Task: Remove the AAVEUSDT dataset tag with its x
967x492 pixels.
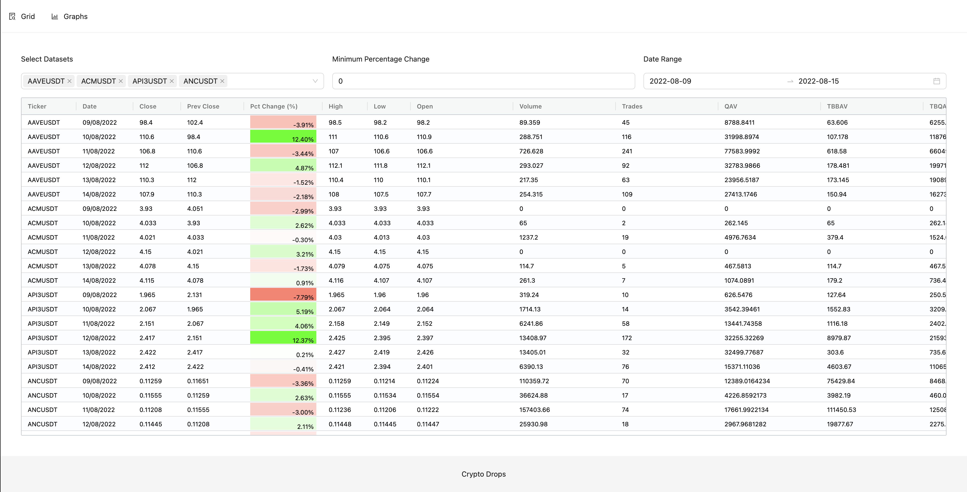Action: pos(69,81)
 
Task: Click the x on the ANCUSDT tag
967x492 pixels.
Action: pos(222,81)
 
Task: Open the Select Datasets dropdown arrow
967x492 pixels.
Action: pos(315,81)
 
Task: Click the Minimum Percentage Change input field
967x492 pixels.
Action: pos(483,81)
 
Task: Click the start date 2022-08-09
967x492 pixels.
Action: pos(670,81)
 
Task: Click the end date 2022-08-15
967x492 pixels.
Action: pos(818,81)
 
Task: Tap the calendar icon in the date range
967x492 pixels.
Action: pos(936,81)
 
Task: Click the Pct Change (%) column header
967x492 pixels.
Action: pos(274,106)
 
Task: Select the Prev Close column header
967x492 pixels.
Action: pos(203,106)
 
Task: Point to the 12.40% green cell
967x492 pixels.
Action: pos(283,137)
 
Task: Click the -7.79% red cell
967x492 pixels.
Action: pos(283,295)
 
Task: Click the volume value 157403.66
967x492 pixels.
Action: pos(534,410)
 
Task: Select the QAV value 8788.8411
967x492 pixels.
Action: pos(739,122)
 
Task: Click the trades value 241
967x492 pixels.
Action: pos(627,151)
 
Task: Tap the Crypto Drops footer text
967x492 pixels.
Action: pos(483,474)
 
